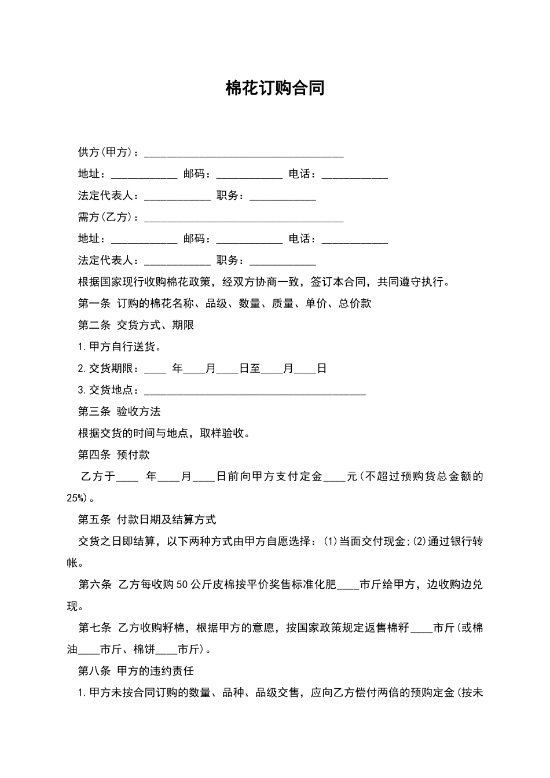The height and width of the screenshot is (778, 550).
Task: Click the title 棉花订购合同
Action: (275, 89)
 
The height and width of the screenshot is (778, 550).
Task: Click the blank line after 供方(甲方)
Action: (244, 153)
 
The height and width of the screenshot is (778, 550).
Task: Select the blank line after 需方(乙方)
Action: (244, 218)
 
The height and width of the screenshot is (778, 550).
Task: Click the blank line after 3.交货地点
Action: (255, 391)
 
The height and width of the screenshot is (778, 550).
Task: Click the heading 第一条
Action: (94, 303)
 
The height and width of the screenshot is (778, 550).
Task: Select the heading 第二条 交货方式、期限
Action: (136, 325)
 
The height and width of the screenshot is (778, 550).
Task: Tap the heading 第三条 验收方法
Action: (119, 412)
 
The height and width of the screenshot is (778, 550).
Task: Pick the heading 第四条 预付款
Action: (114, 455)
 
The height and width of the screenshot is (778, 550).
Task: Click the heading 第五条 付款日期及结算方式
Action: (147, 520)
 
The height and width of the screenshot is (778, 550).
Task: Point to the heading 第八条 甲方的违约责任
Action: (136, 671)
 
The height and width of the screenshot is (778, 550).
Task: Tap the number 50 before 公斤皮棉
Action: (181, 585)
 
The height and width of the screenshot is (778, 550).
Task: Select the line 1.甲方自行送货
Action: (120, 347)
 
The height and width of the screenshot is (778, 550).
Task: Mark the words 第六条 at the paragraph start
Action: (94, 585)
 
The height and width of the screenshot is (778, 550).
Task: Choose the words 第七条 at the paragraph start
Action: (94, 628)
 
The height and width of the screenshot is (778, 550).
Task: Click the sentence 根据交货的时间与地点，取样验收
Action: (164, 433)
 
